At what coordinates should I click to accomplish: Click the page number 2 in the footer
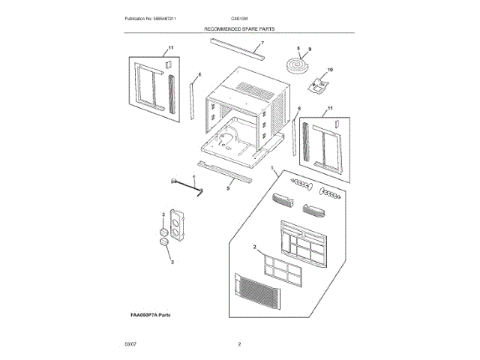point(239,344)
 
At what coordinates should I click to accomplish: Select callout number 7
point(262,44)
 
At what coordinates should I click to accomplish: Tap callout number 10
point(330,70)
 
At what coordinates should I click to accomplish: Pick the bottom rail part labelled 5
point(225,172)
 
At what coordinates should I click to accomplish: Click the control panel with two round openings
point(177,226)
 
